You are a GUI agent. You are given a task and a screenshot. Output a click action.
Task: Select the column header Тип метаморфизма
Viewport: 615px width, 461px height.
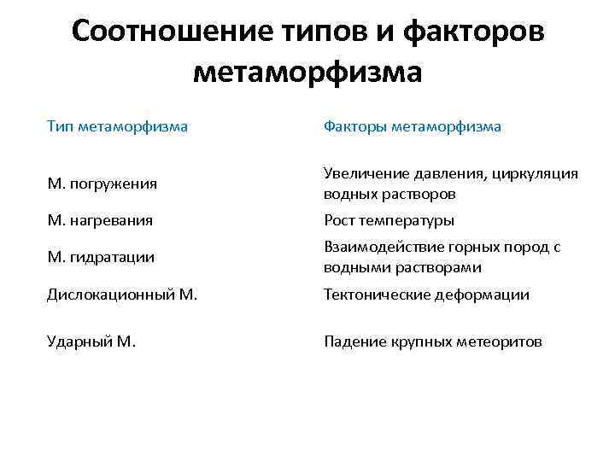pos(117,127)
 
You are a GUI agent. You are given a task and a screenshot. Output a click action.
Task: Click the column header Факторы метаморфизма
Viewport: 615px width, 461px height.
pos(412,127)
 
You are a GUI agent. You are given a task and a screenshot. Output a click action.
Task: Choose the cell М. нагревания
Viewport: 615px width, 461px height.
pos(100,220)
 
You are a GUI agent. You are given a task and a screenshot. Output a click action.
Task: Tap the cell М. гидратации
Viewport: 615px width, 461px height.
pos(101,257)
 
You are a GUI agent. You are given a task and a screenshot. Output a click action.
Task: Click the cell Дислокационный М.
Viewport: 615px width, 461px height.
pos(122,295)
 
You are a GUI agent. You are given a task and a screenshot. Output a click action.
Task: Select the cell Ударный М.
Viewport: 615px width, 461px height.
pos(91,341)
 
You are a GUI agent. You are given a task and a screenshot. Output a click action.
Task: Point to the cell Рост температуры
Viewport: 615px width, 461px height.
pos(389,220)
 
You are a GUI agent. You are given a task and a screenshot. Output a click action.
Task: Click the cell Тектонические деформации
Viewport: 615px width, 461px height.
pos(426,295)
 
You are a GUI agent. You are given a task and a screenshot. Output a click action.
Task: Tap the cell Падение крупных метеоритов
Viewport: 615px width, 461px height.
pos(432,341)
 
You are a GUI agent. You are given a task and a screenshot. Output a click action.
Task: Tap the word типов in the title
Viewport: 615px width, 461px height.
pos(320,32)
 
